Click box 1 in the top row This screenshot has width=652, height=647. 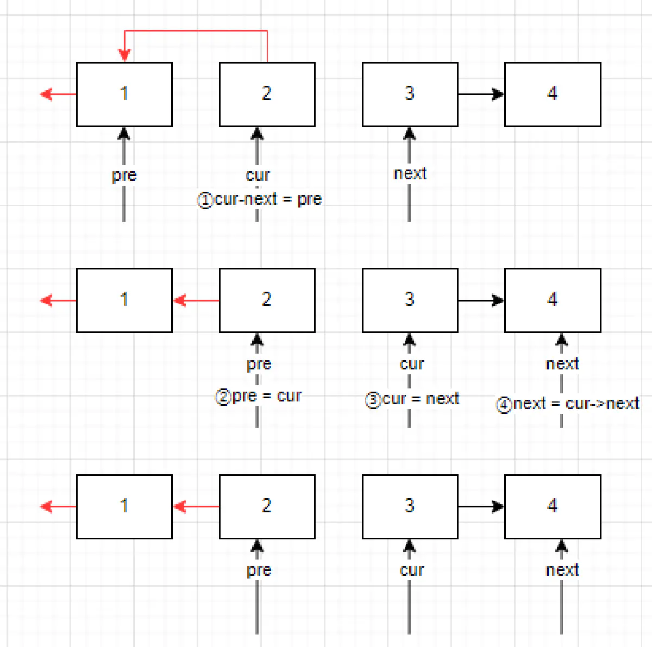(124, 95)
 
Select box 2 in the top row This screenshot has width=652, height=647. (267, 95)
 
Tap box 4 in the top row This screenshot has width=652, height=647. (553, 95)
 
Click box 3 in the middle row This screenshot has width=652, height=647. (410, 300)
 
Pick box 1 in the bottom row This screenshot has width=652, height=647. (124, 506)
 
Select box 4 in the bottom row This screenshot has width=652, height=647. (553, 506)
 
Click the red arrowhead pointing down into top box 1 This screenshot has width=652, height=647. (124, 55)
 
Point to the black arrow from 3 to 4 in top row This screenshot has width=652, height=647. (481, 95)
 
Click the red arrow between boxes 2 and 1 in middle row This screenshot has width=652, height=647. (196, 300)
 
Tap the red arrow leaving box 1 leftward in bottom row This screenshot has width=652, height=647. (58, 506)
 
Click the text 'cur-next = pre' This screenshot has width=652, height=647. (268, 199)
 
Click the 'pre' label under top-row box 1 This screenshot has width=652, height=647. (124, 175)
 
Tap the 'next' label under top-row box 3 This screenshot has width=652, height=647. (410, 174)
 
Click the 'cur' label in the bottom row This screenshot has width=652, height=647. (411, 570)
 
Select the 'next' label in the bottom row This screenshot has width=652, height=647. (562, 570)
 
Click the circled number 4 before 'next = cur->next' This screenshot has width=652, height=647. (504, 405)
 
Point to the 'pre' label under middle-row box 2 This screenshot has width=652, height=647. (259, 364)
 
